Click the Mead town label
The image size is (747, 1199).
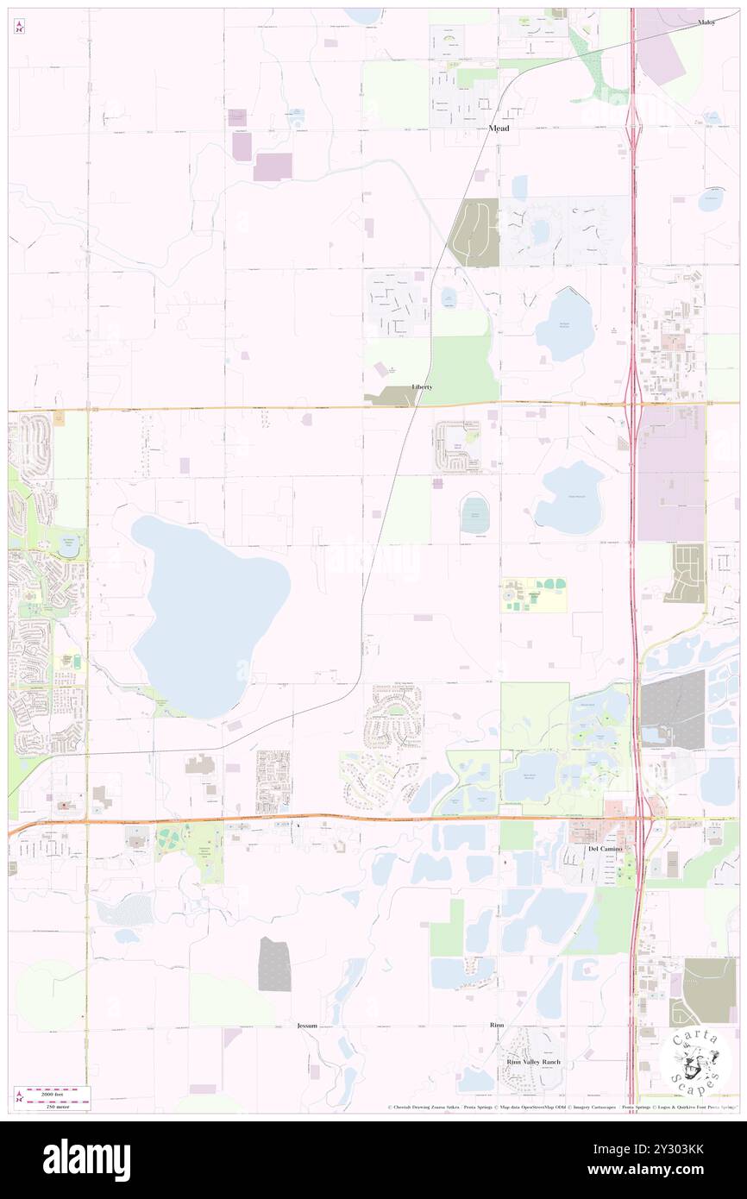(x=499, y=129)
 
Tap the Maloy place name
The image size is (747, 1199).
(x=707, y=22)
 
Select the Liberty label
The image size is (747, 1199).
(x=422, y=387)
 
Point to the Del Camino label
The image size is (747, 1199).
(x=605, y=849)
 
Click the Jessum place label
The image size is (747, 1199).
(x=307, y=1026)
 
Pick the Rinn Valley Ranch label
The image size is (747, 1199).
(x=533, y=1062)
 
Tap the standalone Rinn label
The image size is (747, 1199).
(x=496, y=1025)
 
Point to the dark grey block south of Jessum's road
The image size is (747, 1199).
(x=274, y=964)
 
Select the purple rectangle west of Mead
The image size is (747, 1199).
(x=272, y=166)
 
